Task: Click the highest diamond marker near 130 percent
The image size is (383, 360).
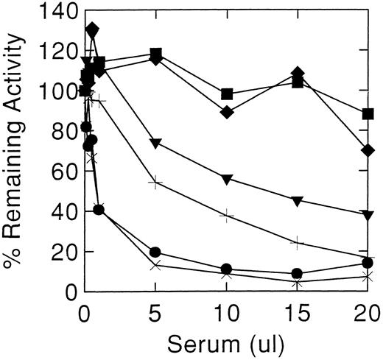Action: [x=92, y=29]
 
